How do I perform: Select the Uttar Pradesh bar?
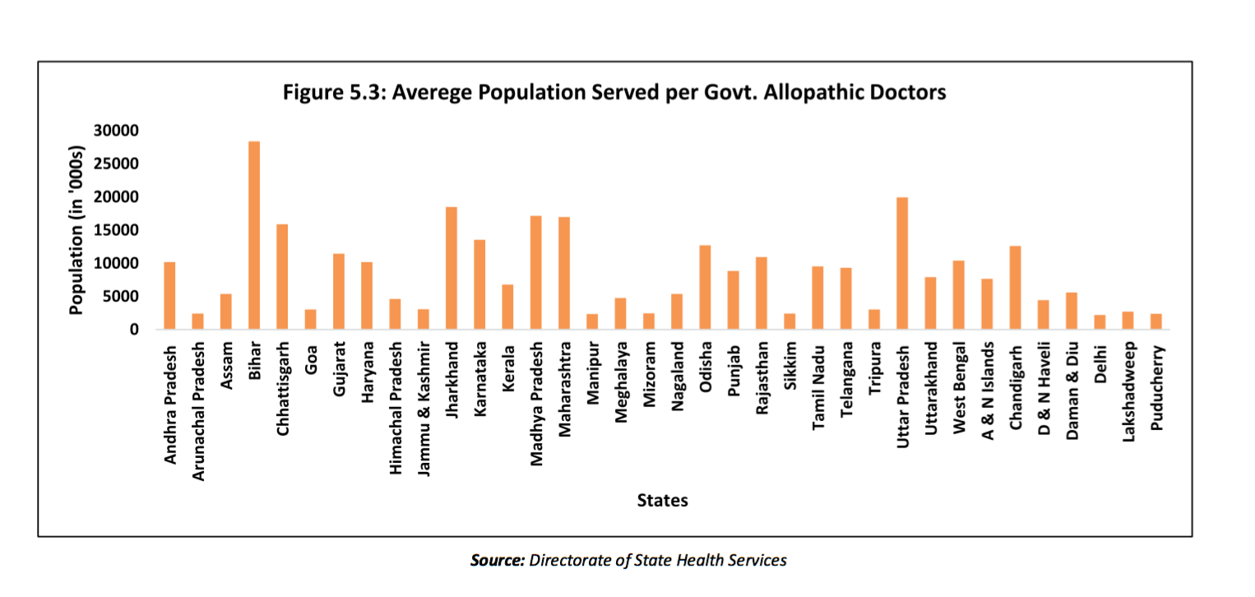point(902,263)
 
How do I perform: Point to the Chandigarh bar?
point(1016,288)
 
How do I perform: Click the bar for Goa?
point(311,319)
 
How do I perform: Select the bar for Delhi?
point(1100,322)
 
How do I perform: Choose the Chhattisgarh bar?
point(282,276)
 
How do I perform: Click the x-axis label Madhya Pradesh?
point(536,401)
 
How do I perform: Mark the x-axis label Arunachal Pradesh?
point(198,410)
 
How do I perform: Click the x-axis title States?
point(662,500)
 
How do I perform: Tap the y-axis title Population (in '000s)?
point(77,230)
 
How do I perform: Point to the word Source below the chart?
point(497,561)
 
